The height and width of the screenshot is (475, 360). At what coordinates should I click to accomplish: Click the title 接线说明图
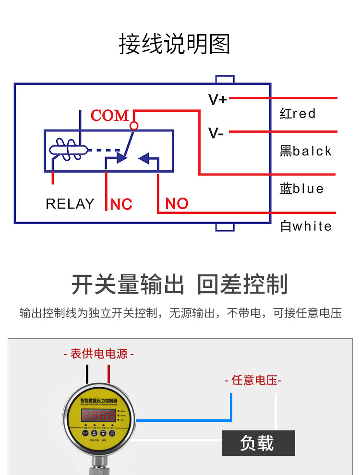[x=175, y=44]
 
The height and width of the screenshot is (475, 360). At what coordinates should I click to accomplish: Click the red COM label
[x=110, y=116]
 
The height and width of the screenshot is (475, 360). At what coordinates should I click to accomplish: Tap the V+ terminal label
[x=217, y=100]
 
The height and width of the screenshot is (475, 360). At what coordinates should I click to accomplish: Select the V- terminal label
[x=216, y=133]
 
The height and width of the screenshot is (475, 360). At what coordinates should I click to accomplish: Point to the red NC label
[x=121, y=204]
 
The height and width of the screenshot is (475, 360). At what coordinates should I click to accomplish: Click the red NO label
[x=177, y=203]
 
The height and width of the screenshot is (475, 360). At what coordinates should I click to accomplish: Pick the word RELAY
[x=70, y=204]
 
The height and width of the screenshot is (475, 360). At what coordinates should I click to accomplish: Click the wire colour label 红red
[x=298, y=114]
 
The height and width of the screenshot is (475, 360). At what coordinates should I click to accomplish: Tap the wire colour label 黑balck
[x=306, y=151]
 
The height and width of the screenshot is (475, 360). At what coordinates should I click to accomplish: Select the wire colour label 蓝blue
[x=301, y=189]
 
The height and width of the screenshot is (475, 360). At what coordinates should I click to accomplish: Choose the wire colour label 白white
[x=306, y=226]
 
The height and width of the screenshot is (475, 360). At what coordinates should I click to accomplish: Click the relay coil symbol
[x=68, y=150]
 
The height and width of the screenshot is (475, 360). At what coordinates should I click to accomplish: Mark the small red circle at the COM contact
[x=134, y=126]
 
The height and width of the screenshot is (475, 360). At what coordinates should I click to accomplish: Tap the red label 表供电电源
[x=99, y=354]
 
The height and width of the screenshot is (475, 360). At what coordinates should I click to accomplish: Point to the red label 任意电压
[x=253, y=380]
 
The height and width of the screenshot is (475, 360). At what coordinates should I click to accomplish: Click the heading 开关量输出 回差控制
[x=180, y=284]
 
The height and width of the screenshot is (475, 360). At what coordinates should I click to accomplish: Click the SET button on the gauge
[x=85, y=433]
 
